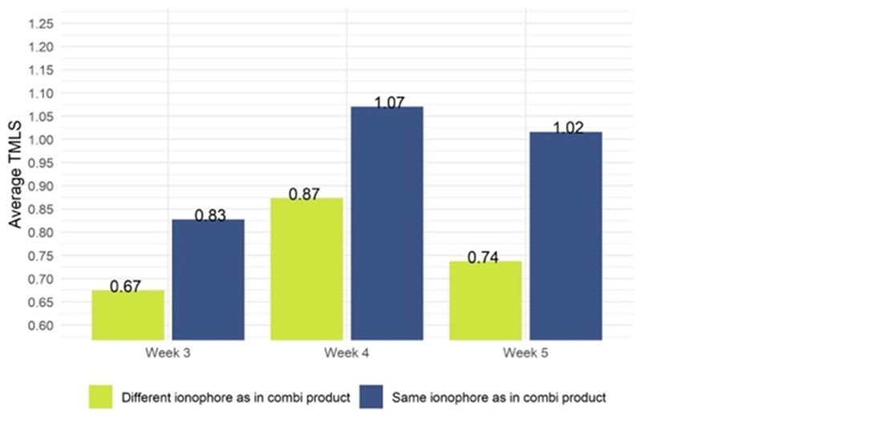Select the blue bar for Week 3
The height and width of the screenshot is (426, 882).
208,279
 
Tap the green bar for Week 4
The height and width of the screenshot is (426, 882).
307,269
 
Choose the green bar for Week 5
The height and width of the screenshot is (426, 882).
486,300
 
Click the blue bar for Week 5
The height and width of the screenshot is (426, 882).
566,235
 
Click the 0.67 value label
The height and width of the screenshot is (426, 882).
126,287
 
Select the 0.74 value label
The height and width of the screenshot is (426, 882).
483,258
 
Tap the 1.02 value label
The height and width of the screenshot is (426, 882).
568,128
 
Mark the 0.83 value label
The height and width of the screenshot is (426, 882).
211,215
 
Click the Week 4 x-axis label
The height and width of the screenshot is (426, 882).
346,352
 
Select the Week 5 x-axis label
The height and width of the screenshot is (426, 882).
526,352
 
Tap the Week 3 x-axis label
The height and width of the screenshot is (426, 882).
168,352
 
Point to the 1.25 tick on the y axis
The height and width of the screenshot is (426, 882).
40,23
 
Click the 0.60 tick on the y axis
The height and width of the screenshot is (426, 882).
40,326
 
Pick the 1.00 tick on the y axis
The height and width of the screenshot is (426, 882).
40,140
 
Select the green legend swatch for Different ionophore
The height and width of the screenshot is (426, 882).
100,396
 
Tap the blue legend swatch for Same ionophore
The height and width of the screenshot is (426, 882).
371,396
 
